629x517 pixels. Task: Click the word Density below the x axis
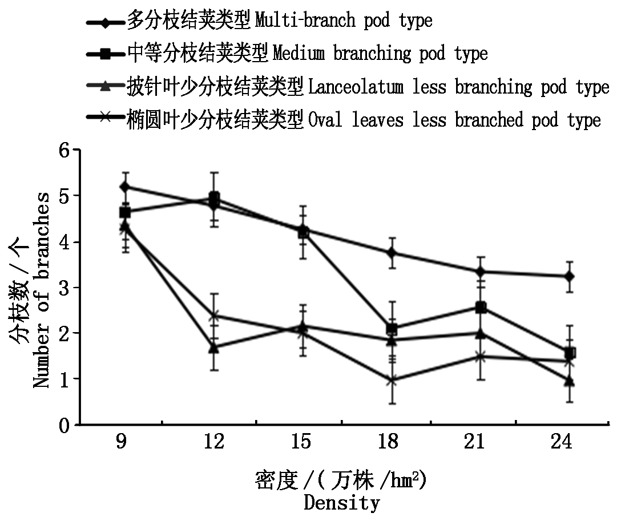[341, 503]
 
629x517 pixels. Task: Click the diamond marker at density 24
[569, 277]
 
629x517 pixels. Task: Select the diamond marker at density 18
[392, 253]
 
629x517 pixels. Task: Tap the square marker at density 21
[481, 308]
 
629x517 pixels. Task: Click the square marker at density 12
[214, 198]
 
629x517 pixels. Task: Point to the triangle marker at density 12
[214, 348]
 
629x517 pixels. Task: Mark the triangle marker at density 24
[569, 381]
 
